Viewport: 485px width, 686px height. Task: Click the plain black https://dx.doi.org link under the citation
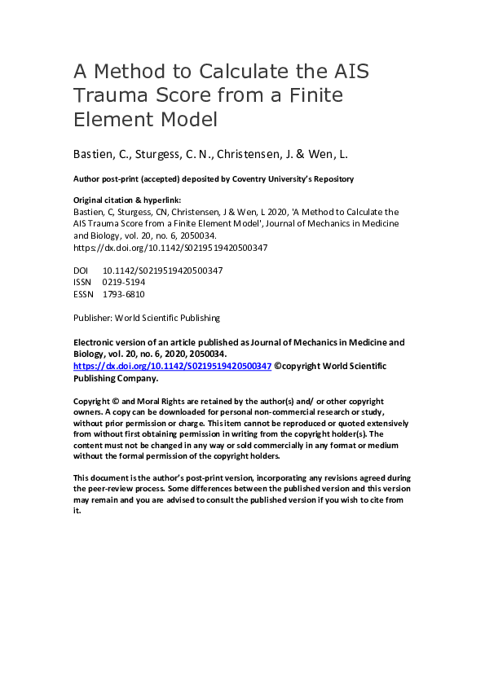[x=170, y=247]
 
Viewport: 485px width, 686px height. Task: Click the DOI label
[x=82, y=270]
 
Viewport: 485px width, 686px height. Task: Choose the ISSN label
[x=83, y=282]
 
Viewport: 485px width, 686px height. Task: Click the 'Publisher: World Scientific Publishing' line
[x=146, y=318]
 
